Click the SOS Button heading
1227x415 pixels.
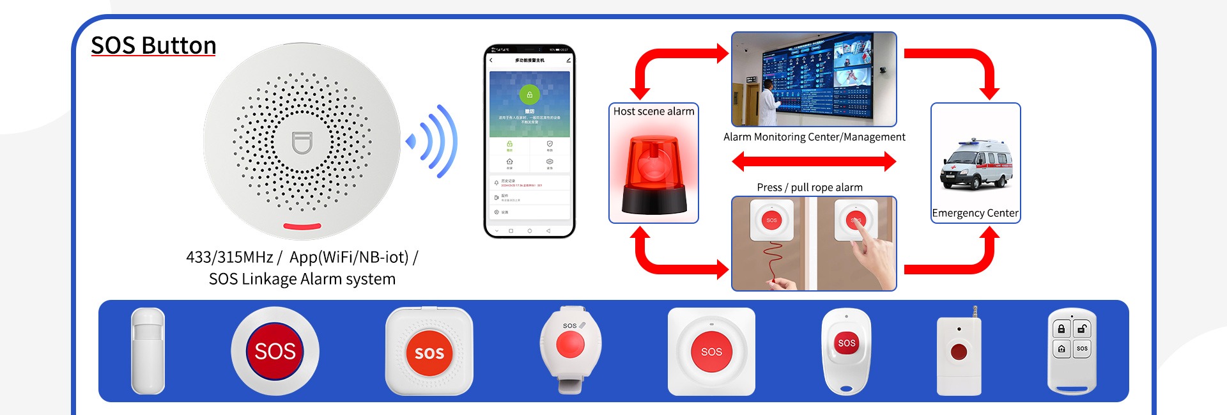click(x=153, y=45)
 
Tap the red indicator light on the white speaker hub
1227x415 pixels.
click(x=302, y=226)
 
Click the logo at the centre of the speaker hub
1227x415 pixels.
click(x=302, y=143)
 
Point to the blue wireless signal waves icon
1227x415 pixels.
click(x=434, y=141)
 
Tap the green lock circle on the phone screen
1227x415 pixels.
click(x=529, y=95)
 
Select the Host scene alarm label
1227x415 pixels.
click(x=653, y=111)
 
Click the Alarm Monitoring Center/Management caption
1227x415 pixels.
click(x=814, y=137)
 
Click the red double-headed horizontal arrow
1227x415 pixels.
click(x=814, y=161)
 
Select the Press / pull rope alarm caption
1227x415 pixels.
click(x=810, y=187)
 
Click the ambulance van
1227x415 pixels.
click(x=975, y=166)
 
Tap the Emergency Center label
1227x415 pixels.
click(x=975, y=213)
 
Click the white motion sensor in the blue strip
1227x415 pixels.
click(x=148, y=350)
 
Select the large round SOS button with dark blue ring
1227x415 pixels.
click(x=275, y=351)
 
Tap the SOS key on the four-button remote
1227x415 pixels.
click(x=1081, y=348)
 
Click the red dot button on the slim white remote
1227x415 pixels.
click(x=959, y=352)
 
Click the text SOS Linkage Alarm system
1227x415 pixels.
click(x=302, y=279)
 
